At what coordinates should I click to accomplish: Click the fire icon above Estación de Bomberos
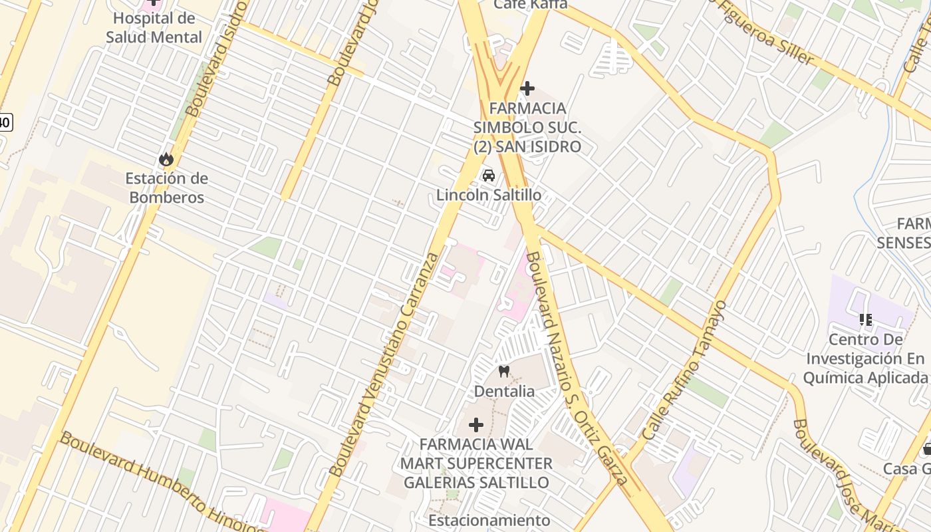[x=166, y=159]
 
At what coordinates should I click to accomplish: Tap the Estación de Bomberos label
[x=167, y=188]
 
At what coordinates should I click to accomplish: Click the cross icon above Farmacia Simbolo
[x=527, y=88]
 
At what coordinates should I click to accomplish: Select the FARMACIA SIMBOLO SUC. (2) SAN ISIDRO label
[x=527, y=127]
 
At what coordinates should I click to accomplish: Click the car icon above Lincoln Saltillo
[x=489, y=176]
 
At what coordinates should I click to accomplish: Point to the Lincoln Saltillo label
[x=489, y=196]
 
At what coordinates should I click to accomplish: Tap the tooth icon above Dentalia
[x=503, y=372]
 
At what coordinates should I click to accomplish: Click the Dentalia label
[x=503, y=391]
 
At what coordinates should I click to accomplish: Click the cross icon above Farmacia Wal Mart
[x=476, y=424]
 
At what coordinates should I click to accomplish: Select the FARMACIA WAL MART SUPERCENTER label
[x=476, y=463]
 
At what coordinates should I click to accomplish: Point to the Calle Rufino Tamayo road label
[x=685, y=370]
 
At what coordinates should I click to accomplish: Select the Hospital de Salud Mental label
[x=154, y=28]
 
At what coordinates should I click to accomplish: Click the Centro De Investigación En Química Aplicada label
[x=865, y=359]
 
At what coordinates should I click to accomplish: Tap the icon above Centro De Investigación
[x=865, y=320]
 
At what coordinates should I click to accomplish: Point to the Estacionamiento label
[x=489, y=520]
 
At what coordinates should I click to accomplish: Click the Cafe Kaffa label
[x=530, y=5]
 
